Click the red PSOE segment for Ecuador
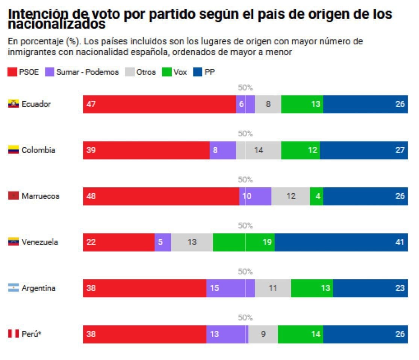coord(159,104)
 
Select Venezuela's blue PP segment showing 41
coord(341,242)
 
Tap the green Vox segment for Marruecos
coord(316,196)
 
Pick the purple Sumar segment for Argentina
coord(230,288)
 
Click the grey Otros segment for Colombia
coord(258,150)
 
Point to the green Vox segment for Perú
coord(300,334)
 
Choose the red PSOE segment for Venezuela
coord(119,242)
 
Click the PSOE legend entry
coord(23,72)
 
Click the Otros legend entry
coord(141,72)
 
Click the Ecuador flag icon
coord(14,104)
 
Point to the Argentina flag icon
coord(14,288)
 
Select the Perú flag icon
coord(14,334)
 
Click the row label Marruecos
coord(40,196)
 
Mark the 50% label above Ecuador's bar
coord(245,88)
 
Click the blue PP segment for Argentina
coord(370,288)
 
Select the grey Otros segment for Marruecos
coord(290,196)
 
